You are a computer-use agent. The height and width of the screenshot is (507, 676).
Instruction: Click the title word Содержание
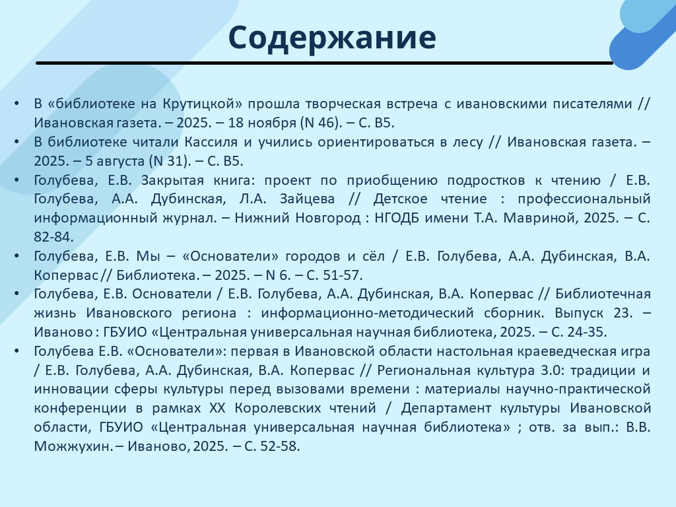[332, 38]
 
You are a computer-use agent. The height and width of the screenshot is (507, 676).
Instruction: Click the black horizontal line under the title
[324, 63]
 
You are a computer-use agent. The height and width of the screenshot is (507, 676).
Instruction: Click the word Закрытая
[172, 180]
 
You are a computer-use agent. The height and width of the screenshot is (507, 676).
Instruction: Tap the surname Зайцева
[307, 199]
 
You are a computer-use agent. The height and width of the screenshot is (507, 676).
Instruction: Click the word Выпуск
[580, 312]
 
